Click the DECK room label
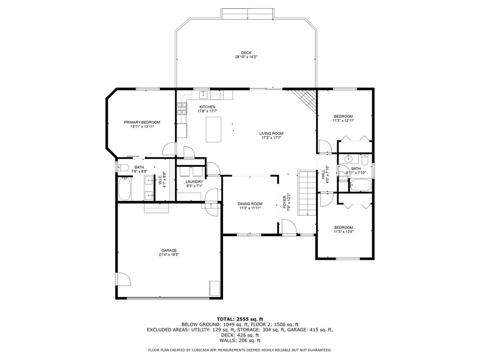pyautogui.click(x=246, y=52)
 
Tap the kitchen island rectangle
pyautogui.click(x=213, y=129)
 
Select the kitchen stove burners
pyautogui.click(x=182, y=109)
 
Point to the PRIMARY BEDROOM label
pyautogui.click(x=142, y=122)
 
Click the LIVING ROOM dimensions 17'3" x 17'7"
pyautogui.click(x=271, y=138)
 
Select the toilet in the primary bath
pyautogui.click(x=123, y=167)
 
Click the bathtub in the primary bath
pyautogui.click(x=125, y=189)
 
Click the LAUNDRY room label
pyautogui.click(x=195, y=181)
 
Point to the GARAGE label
pyautogui.click(x=169, y=250)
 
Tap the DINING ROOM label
pyautogui.click(x=250, y=204)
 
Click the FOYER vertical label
pyautogui.click(x=285, y=202)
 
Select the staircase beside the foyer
pyautogui.click(x=307, y=193)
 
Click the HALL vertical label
pyautogui.click(x=323, y=174)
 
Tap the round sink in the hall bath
pyautogui.click(x=348, y=158)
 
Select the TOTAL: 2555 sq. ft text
pyautogui.click(x=240, y=319)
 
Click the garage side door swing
pyautogui.click(x=123, y=279)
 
